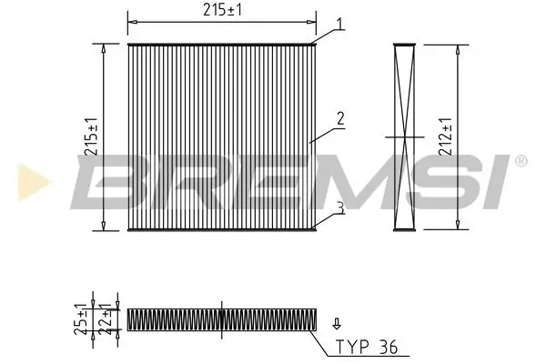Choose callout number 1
tap(339, 24)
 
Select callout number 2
tap(339, 117)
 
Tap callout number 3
tap(339, 207)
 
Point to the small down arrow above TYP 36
tap(338, 322)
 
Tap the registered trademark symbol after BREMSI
tap(521, 162)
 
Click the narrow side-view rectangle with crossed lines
tap(404, 136)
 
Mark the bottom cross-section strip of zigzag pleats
tap(221, 318)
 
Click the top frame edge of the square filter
tap(221, 44)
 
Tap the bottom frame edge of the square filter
tap(221, 228)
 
